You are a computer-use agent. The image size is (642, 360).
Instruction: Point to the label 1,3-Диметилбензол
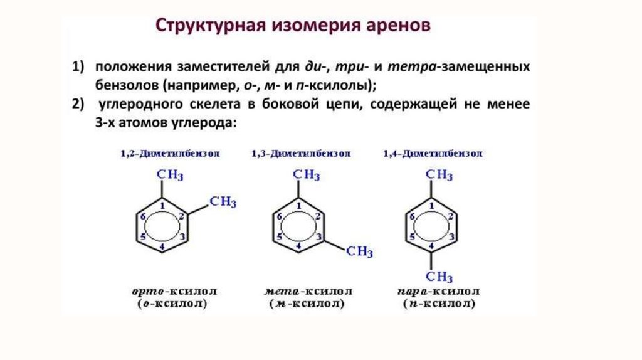(301, 154)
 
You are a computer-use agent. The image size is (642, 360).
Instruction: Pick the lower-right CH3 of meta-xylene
(359, 252)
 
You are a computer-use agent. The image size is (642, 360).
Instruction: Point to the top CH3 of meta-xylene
(307, 174)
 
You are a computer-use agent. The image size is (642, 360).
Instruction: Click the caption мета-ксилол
(308, 292)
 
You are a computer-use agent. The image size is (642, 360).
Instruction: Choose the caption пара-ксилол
(439, 292)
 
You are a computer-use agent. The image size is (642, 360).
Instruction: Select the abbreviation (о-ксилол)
(171, 304)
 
